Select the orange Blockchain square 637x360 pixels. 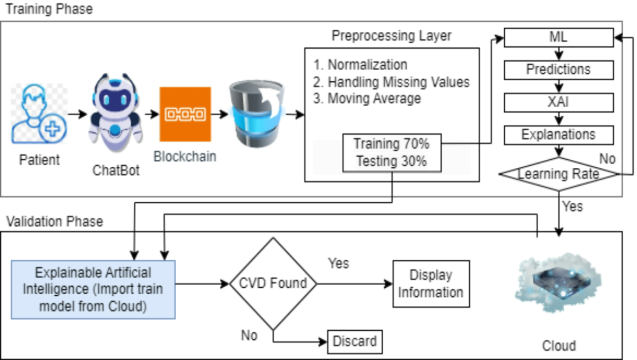185,114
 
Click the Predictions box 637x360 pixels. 558,70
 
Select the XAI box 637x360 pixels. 558,102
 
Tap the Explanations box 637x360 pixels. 558,135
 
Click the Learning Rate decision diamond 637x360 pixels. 558,174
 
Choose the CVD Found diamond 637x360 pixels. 273,284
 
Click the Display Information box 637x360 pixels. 431,284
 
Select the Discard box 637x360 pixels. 355,341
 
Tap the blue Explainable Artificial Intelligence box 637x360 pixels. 93,289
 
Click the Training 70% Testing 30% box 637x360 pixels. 392,153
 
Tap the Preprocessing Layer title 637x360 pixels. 391,36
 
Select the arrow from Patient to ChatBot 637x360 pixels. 78,114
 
